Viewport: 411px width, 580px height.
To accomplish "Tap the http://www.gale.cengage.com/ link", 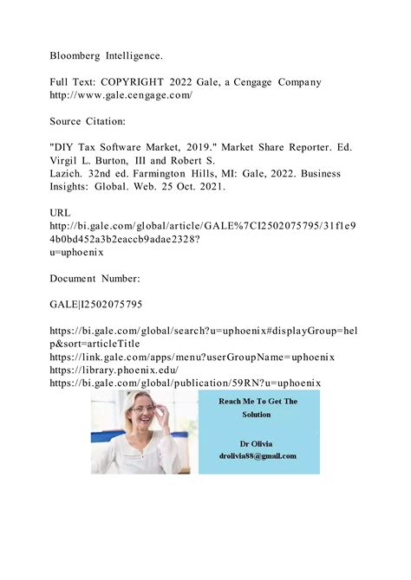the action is [x=121, y=95].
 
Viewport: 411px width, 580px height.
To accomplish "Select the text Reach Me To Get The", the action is [x=258, y=402].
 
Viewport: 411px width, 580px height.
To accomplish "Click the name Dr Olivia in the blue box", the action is [x=258, y=441].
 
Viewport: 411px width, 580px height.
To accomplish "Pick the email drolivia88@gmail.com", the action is [x=258, y=455].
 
